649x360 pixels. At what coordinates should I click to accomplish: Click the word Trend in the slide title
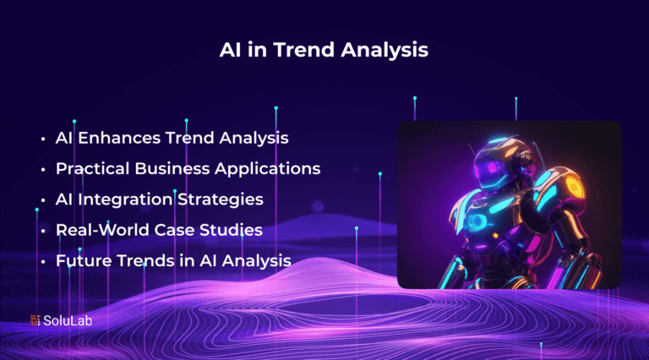(304, 50)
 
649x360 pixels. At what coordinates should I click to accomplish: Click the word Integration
(125, 199)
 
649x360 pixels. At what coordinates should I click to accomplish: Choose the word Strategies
(221, 199)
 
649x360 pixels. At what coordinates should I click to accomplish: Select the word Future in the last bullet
(84, 260)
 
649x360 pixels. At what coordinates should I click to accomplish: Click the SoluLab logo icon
(35, 320)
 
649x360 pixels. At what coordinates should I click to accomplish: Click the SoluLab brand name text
(68, 320)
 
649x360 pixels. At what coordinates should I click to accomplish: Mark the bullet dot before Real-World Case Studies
(43, 231)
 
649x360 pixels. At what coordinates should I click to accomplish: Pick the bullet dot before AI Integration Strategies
(43, 200)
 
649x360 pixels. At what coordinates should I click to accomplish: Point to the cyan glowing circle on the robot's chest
(477, 221)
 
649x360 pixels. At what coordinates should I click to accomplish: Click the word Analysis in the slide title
(384, 51)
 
